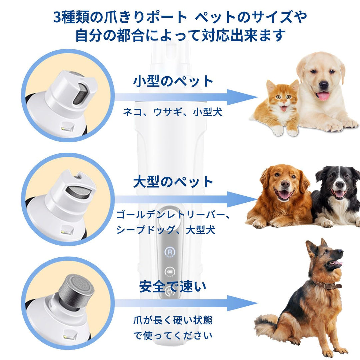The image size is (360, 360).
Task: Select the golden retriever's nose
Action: tap(285, 184)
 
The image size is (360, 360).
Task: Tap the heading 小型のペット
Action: tap(173, 81)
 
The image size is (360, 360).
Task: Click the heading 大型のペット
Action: tap(173, 182)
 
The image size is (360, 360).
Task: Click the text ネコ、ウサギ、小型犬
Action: tap(173, 112)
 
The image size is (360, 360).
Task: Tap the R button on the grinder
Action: tap(170, 251)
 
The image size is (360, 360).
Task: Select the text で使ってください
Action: tap(173, 335)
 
